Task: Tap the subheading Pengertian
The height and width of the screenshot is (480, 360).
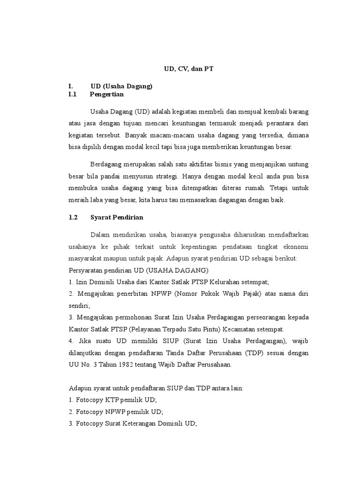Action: click(x=107, y=94)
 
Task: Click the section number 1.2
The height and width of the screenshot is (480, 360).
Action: click(x=73, y=217)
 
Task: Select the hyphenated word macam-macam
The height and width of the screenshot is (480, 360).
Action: click(x=175, y=135)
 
